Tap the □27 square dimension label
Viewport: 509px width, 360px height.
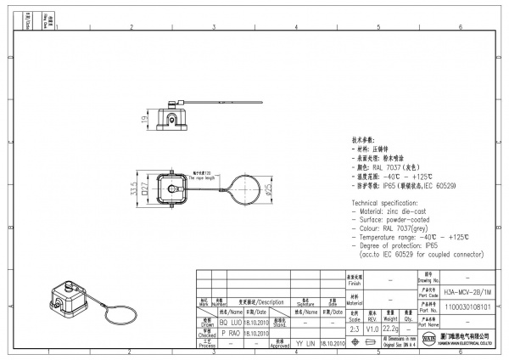(x=145, y=188)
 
